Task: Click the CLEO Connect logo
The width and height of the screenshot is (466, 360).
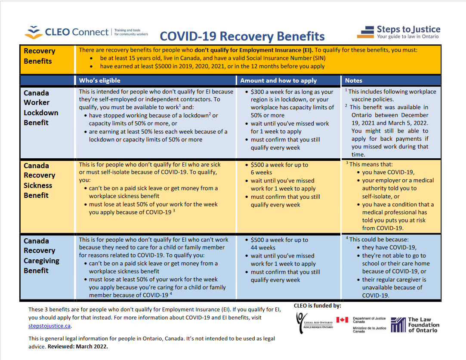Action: (x=86, y=32)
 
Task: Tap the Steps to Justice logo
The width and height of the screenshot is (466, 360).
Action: (x=398, y=32)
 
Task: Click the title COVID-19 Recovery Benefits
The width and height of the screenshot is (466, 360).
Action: (x=242, y=36)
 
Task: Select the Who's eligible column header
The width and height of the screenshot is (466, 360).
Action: (x=99, y=80)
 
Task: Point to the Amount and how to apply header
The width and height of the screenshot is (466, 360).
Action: (x=278, y=80)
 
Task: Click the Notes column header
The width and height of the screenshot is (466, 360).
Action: (x=353, y=80)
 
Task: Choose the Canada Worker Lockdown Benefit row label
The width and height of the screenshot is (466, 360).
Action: (x=41, y=108)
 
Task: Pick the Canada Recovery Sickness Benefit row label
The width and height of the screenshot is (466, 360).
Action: (x=40, y=181)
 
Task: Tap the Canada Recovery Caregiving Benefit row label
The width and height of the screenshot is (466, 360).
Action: (x=42, y=256)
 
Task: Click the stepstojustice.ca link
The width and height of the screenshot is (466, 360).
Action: (x=49, y=326)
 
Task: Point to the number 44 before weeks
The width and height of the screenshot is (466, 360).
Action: (x=254, y=248)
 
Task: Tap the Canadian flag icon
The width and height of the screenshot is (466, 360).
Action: (x=342, y=320)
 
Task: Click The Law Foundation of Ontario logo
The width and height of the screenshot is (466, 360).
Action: (x=415, y=325)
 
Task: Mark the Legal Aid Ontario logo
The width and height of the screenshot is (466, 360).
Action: (x=315, y=323)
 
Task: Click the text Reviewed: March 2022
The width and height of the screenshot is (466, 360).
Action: (x=78, y=346)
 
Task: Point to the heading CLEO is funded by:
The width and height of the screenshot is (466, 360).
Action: (x=318, y=306)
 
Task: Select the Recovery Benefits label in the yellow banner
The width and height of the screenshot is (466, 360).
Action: (x=40, y=56)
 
